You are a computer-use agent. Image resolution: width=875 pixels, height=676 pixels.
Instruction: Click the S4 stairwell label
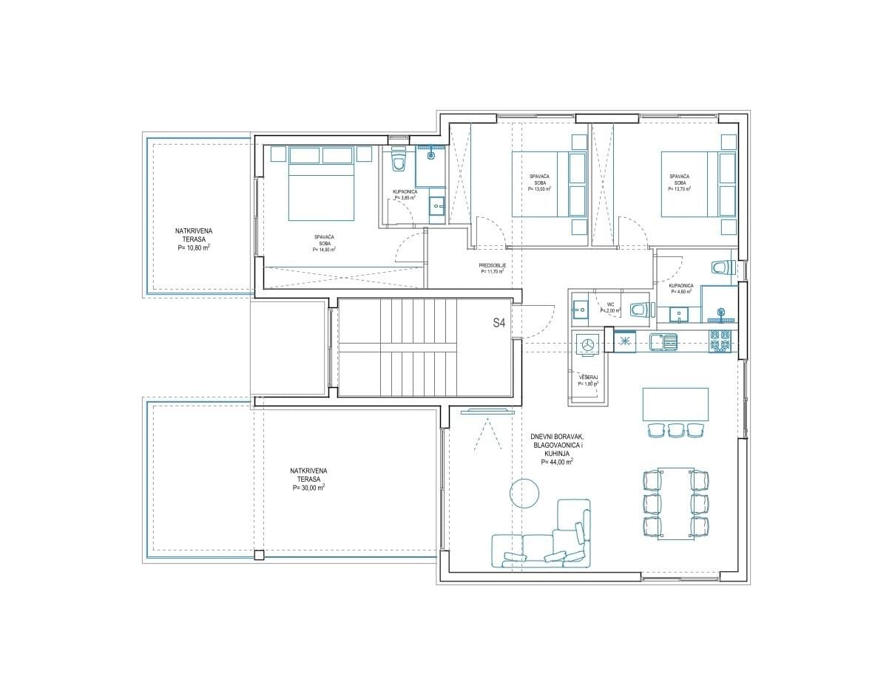click(499, 322)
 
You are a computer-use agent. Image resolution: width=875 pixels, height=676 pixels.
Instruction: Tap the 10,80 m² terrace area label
click(193, 249)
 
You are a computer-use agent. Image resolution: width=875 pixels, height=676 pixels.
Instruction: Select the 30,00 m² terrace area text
click(308, 488)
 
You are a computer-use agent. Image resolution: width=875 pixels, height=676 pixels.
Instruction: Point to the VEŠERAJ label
click(588, 377)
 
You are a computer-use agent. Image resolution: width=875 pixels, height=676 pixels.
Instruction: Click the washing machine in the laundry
click(588, 344)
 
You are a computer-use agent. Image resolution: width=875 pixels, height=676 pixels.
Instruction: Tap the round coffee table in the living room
click(524, 493)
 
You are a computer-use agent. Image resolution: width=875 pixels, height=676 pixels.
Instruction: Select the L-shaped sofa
click(544, 543)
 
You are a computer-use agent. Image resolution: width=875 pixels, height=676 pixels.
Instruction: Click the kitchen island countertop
click(675, 404)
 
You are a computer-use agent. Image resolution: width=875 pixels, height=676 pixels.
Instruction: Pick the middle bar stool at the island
click(675, 430)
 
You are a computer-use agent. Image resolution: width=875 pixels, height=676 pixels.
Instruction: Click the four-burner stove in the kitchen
click(720, 341)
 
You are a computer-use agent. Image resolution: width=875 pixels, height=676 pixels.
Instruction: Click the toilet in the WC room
click(640, 310)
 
